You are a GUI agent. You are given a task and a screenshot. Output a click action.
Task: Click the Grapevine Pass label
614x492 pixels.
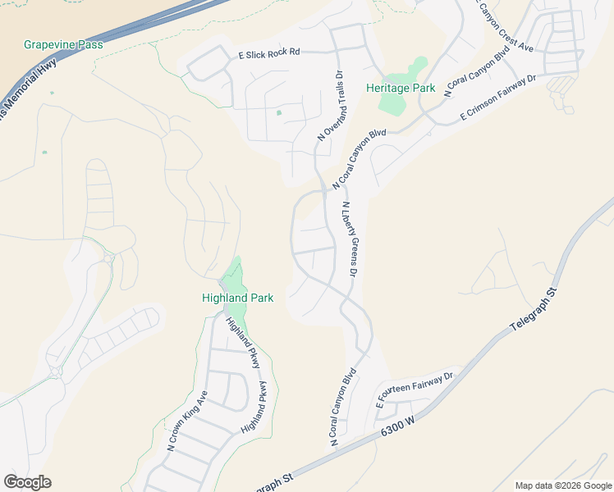(x=64, y=44)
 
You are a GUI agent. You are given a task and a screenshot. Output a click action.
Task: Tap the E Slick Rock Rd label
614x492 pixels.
(x=269, y=53)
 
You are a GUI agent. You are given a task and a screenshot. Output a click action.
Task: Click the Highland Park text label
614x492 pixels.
(x=237, y=298)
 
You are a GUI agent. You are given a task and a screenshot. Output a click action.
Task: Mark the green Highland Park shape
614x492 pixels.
(x=234, y=279)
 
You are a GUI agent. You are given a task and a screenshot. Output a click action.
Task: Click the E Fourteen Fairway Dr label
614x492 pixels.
(x=415, y=390)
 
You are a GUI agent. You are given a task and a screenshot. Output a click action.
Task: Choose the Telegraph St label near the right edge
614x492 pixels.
(x=533, y=310)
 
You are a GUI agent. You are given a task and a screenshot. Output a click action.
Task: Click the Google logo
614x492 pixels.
(x=27, y=482)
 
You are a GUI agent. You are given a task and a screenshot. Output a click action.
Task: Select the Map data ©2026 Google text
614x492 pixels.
(x=562, y=485)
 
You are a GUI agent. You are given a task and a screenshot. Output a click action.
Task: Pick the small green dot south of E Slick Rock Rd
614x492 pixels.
(x=279, y=113)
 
